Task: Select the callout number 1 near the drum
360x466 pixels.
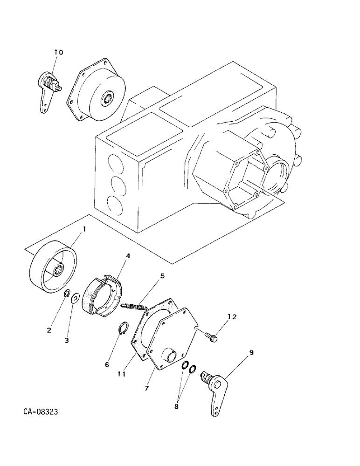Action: [x=84, y=229]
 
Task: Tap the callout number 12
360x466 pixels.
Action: [x=232, y=317]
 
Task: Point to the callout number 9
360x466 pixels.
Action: [x=252, y=353]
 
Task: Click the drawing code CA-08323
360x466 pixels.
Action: [x=40, y=412]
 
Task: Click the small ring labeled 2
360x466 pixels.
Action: [x=67, y=294]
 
